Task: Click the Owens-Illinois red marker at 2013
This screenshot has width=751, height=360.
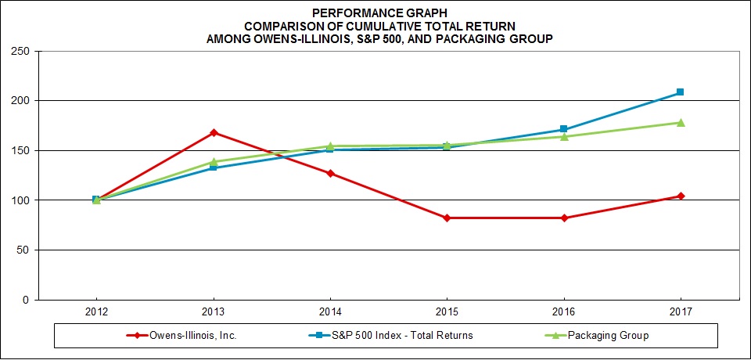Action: [213, 132]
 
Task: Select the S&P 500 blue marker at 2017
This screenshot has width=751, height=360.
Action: [681, 92]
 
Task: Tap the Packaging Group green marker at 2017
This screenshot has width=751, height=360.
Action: [681, 122]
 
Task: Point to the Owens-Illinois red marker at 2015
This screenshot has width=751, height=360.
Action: [447, 218]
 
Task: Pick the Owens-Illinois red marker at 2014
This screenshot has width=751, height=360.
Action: [330, 173]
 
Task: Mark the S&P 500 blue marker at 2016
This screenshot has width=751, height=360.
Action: [563, 129]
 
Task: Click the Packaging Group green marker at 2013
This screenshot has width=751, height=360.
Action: [213, 161]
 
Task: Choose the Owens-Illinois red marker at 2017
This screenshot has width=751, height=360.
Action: [681, 196]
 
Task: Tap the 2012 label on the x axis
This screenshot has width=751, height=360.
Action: [96, 311]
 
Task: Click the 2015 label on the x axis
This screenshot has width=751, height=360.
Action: [447, 311]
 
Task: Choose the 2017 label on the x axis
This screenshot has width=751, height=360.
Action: [681, 311]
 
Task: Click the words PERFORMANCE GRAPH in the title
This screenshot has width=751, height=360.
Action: [375, 13]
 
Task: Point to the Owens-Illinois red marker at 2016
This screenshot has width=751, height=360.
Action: [563, 218]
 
